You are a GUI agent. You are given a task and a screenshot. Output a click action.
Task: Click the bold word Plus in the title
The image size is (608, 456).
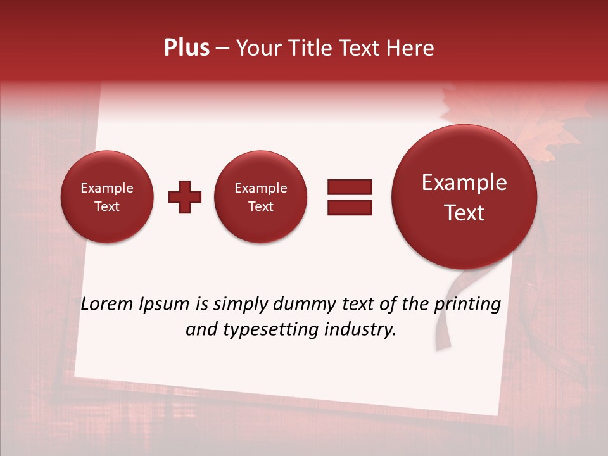point(186,48)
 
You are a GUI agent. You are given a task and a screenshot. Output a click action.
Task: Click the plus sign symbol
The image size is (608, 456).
point(184,197)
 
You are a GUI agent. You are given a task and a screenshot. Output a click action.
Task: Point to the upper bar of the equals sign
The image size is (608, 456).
point(349,187)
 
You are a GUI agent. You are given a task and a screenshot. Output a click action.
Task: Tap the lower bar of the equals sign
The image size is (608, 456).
point(349,206)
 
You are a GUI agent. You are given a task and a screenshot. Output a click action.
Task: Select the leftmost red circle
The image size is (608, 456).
point(106,197)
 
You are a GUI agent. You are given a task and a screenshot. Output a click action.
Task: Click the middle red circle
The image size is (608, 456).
point(260,197)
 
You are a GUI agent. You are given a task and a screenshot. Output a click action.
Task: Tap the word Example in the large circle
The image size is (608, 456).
point(464,182)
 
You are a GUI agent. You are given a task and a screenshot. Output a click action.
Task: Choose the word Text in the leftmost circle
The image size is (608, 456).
point(106,206)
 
